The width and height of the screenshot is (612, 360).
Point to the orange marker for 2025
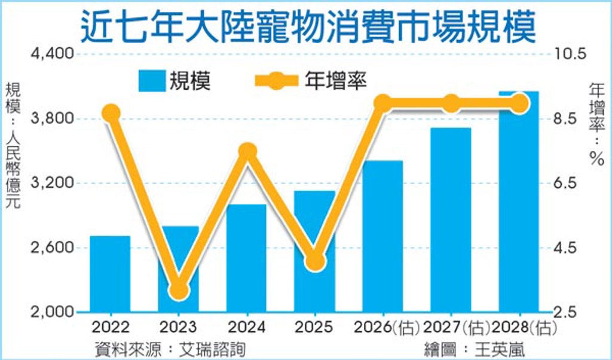coord(314,261)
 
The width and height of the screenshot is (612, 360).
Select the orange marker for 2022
coord(111,112)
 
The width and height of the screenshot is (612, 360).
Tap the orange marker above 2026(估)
coord(382,103)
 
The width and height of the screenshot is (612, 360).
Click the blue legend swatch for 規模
coord(152,81)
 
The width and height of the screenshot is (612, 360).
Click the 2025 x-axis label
coord(314,327)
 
